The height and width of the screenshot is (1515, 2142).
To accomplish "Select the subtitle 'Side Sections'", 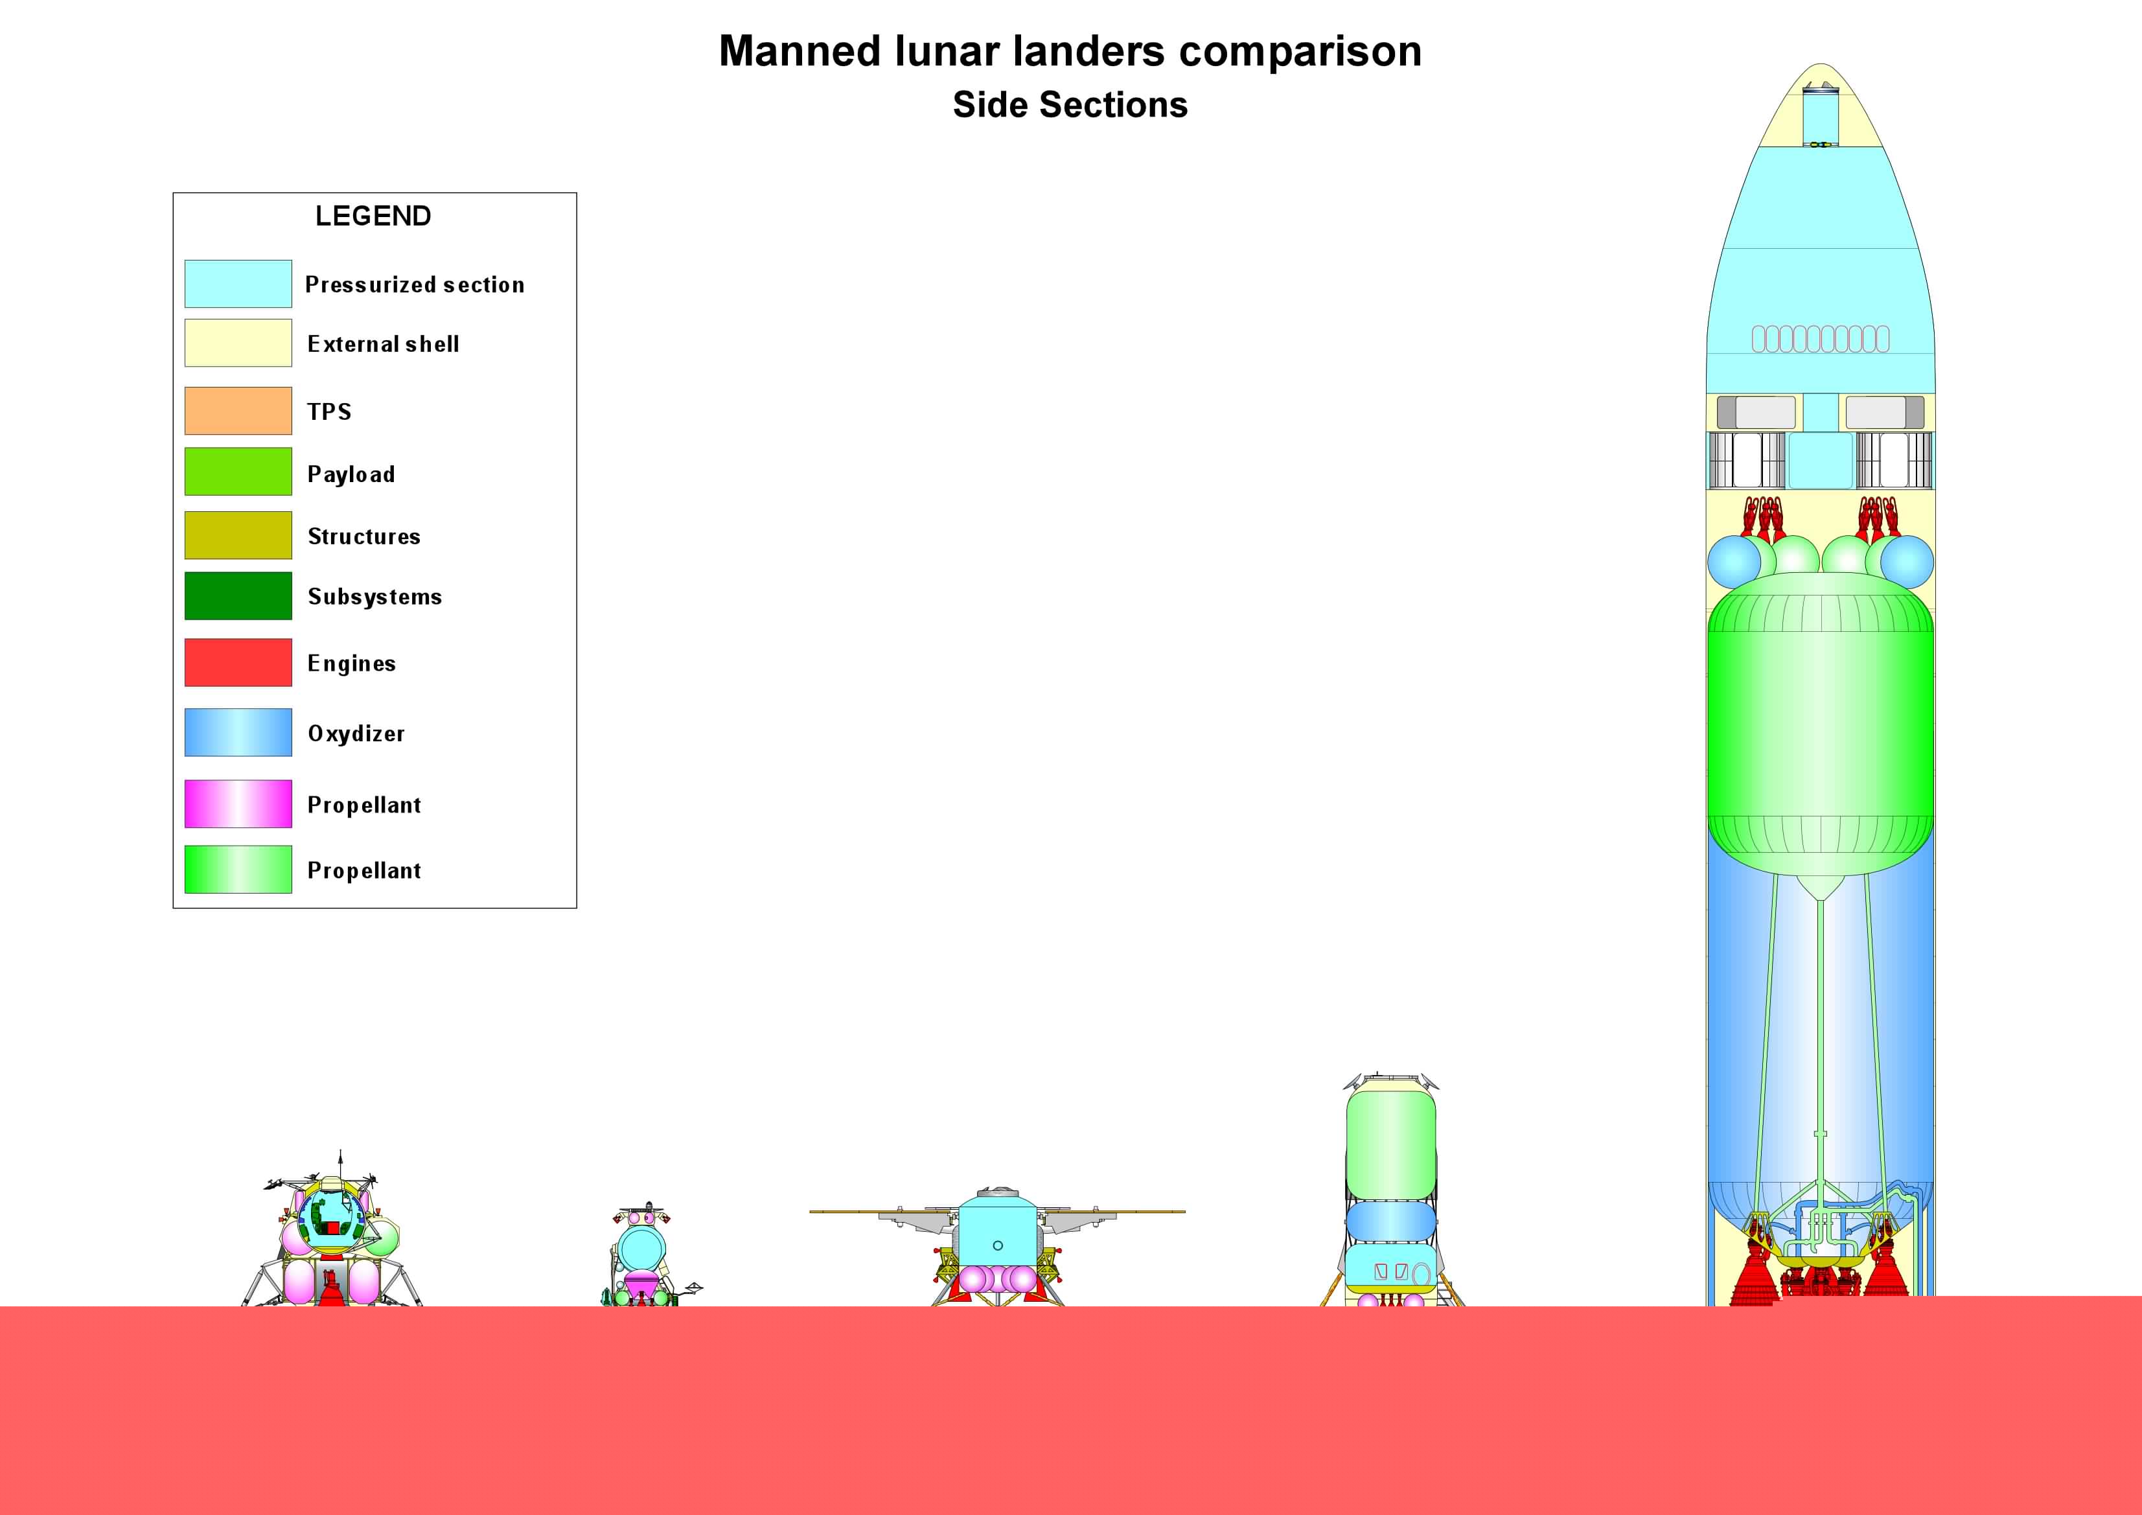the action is pos(1070,104).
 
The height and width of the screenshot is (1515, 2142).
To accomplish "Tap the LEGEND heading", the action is pos(373,216).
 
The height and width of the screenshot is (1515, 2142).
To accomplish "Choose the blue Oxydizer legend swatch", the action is pos(238,732).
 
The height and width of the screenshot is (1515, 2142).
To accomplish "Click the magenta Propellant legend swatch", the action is pos(238,804).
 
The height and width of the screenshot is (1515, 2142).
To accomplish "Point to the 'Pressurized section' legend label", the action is pos(415,284).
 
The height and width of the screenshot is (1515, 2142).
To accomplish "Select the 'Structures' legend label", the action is pos(364,537).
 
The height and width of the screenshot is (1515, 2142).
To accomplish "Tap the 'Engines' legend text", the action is pos(352,664).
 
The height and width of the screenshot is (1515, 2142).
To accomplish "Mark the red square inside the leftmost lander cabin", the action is pos(333,1229).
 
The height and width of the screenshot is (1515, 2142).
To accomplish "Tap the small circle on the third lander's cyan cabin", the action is pos(997,1245).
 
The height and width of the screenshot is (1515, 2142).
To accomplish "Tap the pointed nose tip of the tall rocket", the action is pos(1821,64).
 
